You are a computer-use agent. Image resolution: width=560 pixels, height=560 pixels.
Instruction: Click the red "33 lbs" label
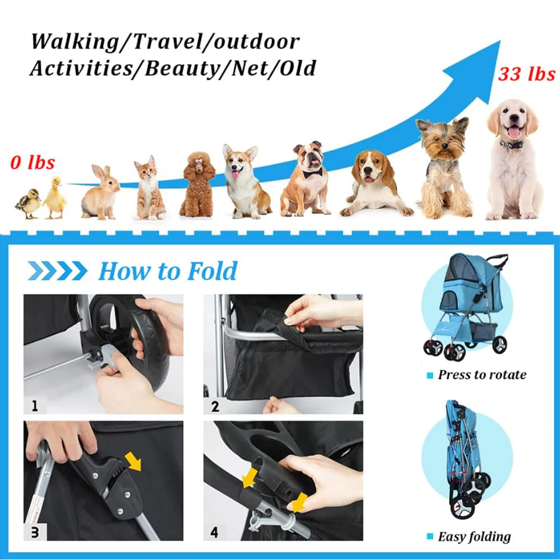527,74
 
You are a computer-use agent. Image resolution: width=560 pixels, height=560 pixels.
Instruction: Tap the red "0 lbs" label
32,162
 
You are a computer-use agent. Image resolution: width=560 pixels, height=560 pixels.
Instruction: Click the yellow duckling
55,197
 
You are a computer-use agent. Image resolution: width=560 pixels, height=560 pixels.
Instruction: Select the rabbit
100,192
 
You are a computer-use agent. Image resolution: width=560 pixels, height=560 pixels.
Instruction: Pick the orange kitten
149,188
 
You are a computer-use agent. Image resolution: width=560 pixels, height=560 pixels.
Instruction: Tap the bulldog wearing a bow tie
307,179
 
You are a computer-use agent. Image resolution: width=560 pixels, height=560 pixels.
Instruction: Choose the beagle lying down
375,184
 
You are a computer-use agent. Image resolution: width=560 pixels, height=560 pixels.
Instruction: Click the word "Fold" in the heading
212,271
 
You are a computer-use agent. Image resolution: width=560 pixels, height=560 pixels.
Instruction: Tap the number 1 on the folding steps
35,406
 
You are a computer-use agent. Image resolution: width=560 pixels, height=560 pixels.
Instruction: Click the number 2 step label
215,406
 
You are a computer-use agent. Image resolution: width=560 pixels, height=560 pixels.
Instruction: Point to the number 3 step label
35,533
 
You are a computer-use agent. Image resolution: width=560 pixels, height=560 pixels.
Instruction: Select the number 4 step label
214,533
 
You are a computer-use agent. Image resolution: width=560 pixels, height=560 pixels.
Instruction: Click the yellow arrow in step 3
133,461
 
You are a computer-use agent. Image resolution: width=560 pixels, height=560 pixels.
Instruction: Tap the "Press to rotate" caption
482,375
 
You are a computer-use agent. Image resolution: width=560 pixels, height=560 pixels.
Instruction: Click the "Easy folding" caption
474,537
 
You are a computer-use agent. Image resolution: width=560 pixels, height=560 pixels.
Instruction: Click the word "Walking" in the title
74,42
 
